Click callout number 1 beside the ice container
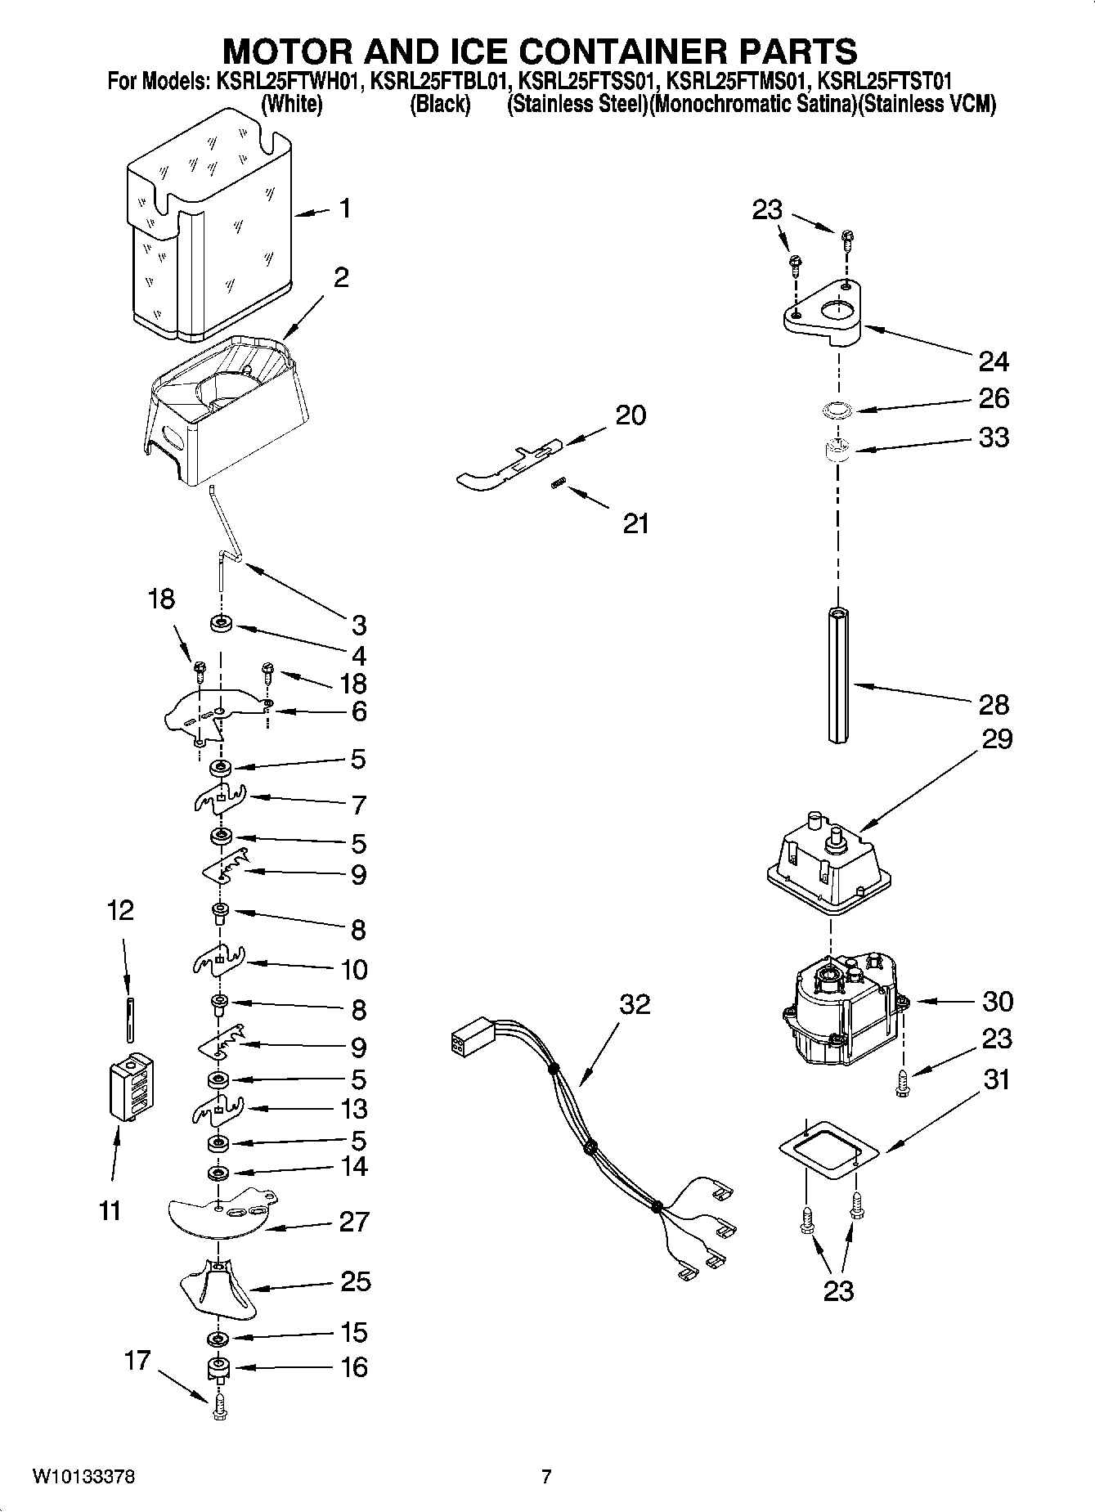(345, 209)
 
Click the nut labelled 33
(837, 449)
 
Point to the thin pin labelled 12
(129, 1017)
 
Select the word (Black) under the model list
(440, 105)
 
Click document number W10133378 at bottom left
(83, 1477)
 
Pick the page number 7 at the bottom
(546, 1477)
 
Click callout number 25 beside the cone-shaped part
(355, 1281)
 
